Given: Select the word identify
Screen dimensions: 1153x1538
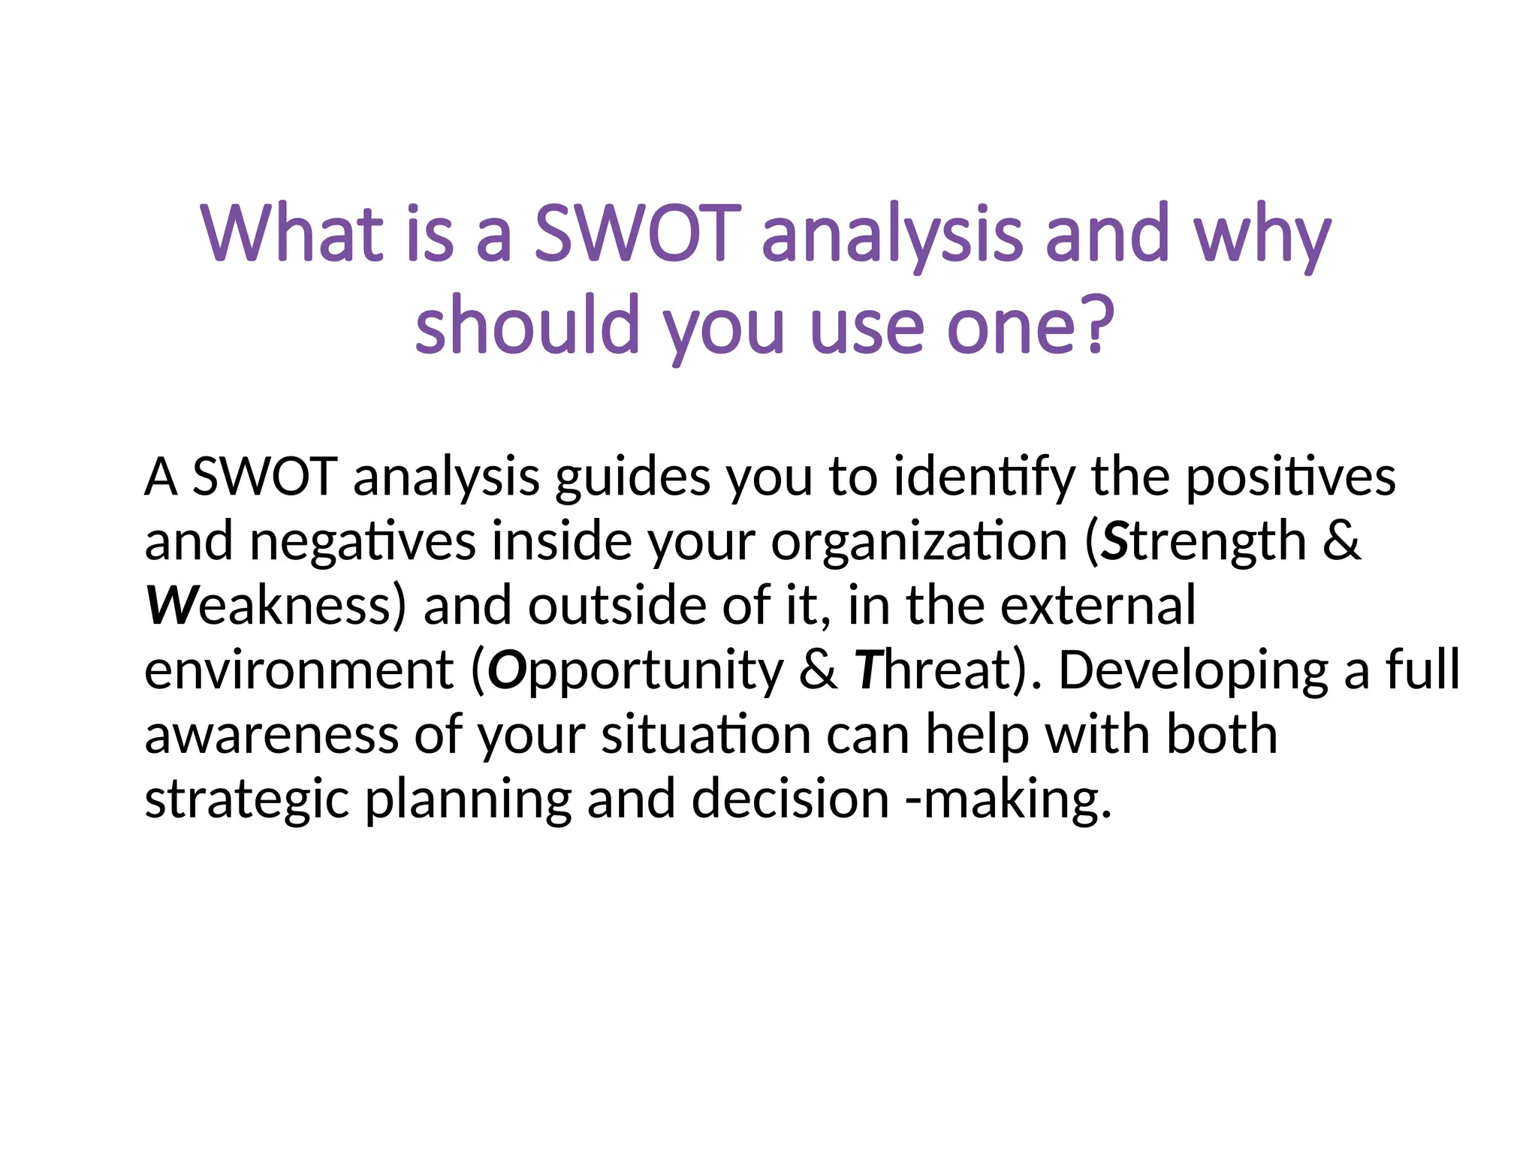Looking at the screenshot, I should pos(985,477).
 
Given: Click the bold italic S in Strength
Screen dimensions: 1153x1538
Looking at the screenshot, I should pos(1115,542).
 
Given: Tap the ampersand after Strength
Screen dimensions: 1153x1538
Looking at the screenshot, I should pos(1341,542).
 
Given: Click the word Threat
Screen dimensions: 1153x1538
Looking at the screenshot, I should pos(935,670).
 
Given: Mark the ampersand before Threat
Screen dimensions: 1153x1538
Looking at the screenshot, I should pos(818,670).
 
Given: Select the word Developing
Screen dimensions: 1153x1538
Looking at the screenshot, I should pos(1193,670).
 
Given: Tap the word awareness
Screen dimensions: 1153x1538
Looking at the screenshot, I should pos(271,735).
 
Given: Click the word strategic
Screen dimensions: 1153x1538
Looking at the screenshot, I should pos(246,800).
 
